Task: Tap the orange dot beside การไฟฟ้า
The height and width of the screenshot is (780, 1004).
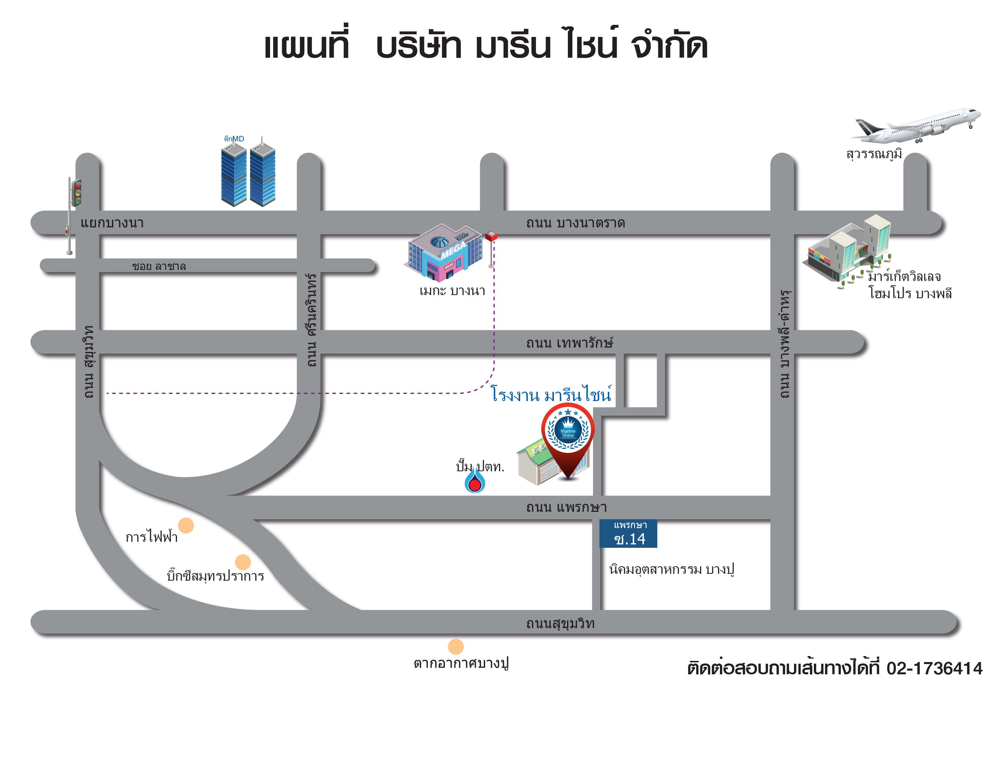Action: [186, 525]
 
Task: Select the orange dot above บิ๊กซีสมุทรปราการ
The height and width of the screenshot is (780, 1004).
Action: [243, 562]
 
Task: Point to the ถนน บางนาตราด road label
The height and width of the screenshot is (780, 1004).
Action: [576, 223]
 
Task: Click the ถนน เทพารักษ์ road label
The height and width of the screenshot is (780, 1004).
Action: [570, 343]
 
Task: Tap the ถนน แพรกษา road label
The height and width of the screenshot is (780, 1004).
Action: [566, 508]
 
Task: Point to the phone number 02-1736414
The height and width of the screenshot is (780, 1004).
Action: [934, 668]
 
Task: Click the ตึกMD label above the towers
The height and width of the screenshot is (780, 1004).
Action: [234, 139]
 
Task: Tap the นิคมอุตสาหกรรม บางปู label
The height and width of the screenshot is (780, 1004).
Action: [671, 570]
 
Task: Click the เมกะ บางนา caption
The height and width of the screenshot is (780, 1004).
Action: [452, 291]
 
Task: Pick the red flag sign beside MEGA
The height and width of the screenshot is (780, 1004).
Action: [491, 236]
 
